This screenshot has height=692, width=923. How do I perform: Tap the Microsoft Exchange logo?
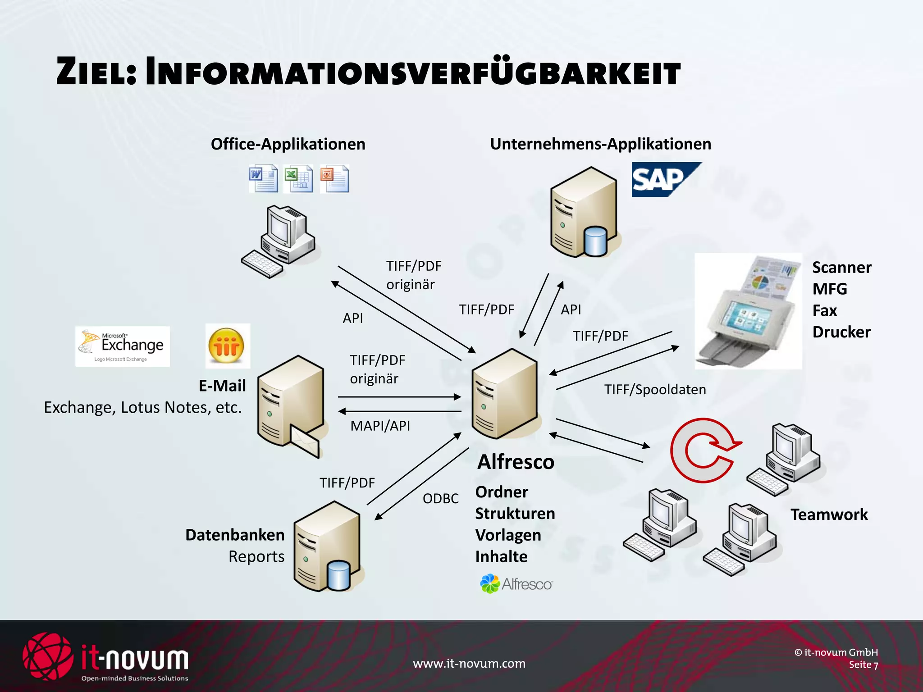[123, 346]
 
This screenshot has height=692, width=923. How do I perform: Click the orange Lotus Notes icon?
[227, 346]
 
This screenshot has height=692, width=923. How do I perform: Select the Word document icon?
[263, 179]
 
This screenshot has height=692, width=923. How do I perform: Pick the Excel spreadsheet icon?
[298, 179]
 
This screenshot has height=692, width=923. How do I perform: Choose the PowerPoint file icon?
[334, 179]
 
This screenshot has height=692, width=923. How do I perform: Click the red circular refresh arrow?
[703, 450]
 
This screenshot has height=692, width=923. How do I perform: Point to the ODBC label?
[440, 498]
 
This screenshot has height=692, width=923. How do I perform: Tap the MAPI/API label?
[380, 426]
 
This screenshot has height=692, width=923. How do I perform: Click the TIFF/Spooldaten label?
[655, 389]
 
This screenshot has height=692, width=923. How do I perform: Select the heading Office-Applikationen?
[288, 144]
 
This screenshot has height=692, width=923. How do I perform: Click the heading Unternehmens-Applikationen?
[600, 144]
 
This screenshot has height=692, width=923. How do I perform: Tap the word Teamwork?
[829, 514]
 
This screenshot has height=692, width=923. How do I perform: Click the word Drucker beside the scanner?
[841, 332]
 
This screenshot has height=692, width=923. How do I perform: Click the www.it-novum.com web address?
[469, 663]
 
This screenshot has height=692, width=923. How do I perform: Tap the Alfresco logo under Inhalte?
[516, 584]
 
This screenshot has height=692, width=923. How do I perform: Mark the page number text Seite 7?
[863, 665]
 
